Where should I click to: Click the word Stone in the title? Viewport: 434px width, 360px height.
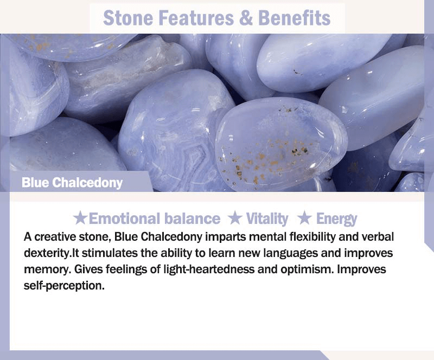127,18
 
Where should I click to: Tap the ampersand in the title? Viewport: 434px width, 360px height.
246,18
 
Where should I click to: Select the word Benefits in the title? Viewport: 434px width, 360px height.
294,18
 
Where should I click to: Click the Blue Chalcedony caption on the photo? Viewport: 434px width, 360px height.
72,183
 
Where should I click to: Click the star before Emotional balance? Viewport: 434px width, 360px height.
80,218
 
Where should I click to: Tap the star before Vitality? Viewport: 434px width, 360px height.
235,218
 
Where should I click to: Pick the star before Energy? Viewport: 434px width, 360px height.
305,218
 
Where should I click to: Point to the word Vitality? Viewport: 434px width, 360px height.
267,218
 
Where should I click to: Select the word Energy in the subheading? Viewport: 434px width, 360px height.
336,219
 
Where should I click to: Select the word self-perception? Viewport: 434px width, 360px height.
64,286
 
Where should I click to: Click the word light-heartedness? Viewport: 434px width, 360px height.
209,269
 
